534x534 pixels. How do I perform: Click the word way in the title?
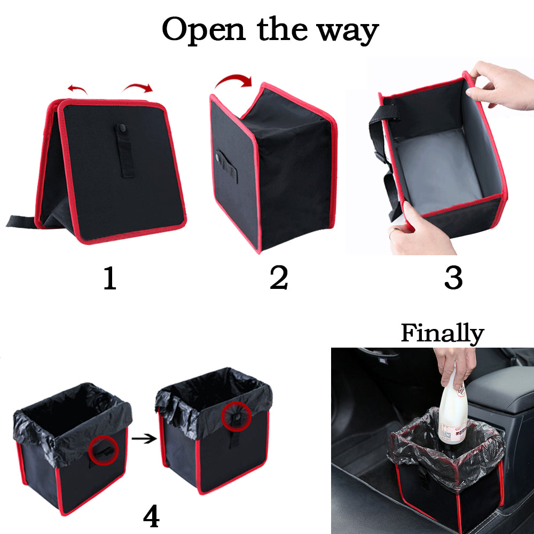tap(347, 31)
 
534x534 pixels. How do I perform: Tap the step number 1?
tap(109, 278)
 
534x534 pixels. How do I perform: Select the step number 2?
tap(278, 278)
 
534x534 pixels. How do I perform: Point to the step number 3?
tap(453, 278)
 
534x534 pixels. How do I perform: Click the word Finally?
tap(442, 334)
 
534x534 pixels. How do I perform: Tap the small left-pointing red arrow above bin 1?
tap(77, 88)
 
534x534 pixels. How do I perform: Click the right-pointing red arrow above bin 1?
tap(138, 87)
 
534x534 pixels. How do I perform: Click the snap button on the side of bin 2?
tap(219, 156)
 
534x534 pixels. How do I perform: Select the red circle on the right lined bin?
tap(235, 415)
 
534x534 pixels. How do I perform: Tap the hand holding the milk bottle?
tap(454, 366)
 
